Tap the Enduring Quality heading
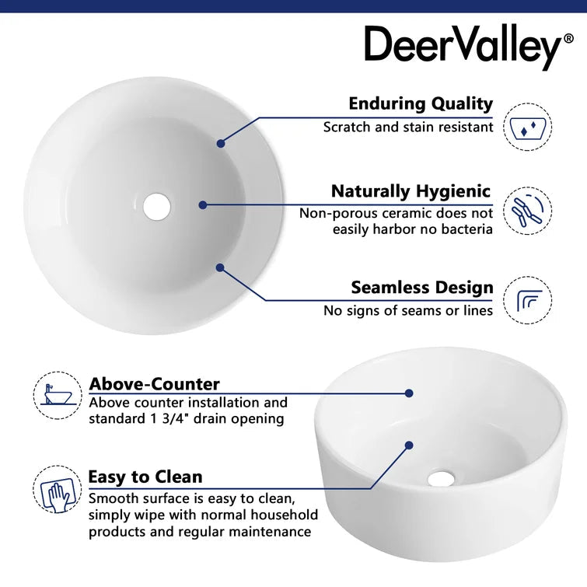[421, 103]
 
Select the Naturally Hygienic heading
[411, 191]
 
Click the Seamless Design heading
[421, 288]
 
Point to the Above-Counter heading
[154, 384]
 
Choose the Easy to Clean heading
[145, 477]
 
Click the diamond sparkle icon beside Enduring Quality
[528, 127]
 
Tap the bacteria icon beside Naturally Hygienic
[528, 211]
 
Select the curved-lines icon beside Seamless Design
[528, 300]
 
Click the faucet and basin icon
[58, 395]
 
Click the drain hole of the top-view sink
[156, 205]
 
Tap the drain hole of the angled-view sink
[440, 478]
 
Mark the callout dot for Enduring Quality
[221, 143]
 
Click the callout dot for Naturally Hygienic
[203, 205]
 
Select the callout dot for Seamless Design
[220, 267]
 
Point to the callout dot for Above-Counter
[409, 393]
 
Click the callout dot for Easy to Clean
[409, 445]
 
